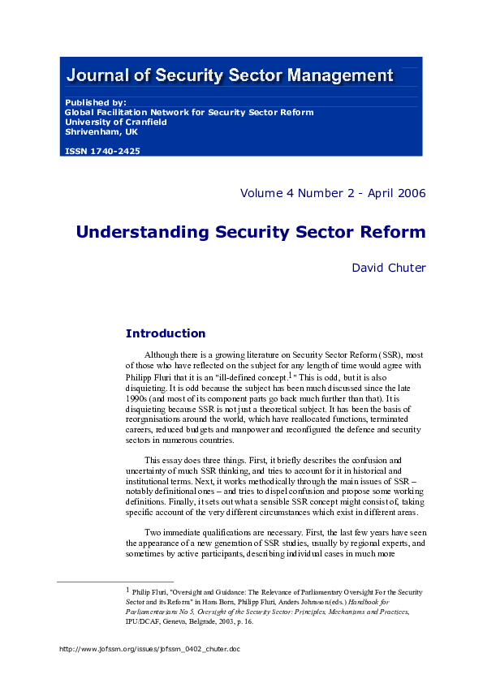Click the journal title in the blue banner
[230, 76]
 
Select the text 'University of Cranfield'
[115, 122]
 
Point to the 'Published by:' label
[95, 103]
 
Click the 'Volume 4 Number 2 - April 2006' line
[333, 193]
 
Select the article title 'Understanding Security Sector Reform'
[251, 232]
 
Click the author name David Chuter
[388, 267]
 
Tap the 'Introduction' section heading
[166, 333]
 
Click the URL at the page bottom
[151, 649]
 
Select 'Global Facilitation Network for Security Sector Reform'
[188, 113]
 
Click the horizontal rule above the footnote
[115, 582]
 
